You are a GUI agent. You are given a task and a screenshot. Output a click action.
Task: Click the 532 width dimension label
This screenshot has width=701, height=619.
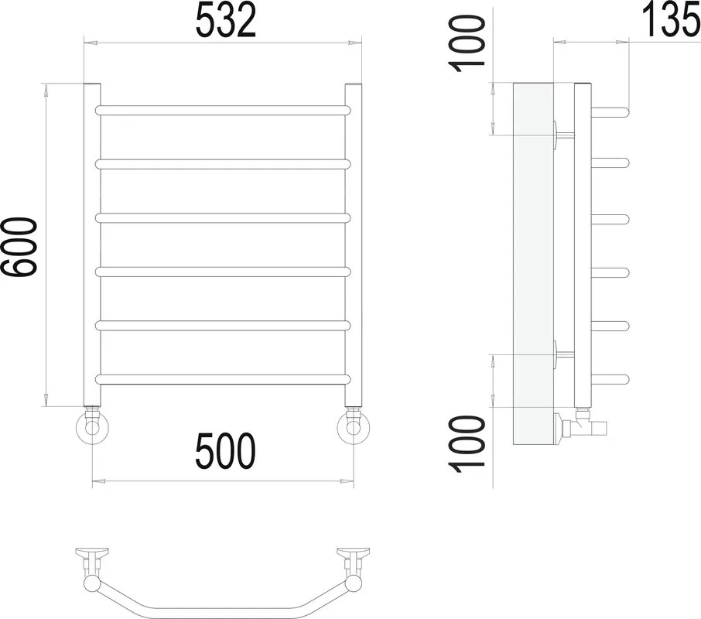[226, 20]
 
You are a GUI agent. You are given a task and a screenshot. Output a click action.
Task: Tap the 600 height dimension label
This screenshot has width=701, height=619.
[18, 247]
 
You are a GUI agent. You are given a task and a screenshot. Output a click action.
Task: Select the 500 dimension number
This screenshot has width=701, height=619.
[225, 450]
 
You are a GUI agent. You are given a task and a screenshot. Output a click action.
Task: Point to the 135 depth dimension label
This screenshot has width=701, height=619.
[671, 19]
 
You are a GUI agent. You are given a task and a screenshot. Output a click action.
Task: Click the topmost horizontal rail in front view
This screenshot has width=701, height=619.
[223, 110]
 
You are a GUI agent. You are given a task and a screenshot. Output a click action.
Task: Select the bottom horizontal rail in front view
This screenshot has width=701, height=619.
[223, 379]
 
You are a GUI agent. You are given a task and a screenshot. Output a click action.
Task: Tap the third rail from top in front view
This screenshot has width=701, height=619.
[223, 217]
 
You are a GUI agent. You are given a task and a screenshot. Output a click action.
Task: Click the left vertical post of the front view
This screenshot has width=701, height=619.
[92, 245]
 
